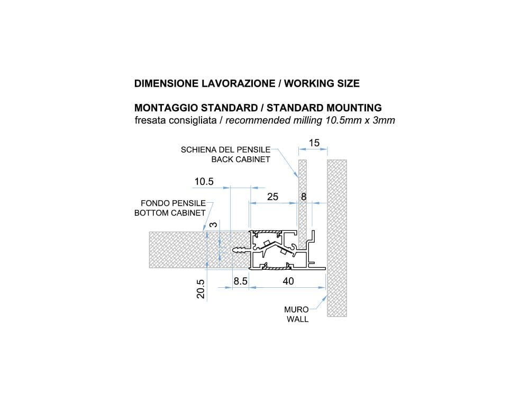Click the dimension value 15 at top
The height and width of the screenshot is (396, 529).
(314, 143)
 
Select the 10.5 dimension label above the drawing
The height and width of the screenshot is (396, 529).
(204, 182)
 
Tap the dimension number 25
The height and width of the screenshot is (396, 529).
(272, 197)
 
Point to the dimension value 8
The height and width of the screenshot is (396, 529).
(303, 197)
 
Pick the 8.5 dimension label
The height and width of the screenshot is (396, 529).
(241, 281)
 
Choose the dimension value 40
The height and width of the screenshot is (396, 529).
(288, 281)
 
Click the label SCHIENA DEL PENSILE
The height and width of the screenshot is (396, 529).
(225, 149)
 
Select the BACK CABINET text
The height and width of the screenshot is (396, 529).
(241, 159)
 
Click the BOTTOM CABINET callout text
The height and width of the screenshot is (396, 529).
(170, 213)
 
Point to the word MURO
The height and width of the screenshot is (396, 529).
(296, 309)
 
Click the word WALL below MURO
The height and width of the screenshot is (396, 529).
(297, 319)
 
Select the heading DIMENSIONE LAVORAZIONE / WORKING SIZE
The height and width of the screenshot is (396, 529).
(247, 83)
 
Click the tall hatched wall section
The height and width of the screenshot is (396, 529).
(336, 238)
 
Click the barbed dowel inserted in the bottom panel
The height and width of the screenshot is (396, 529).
(241, 249)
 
